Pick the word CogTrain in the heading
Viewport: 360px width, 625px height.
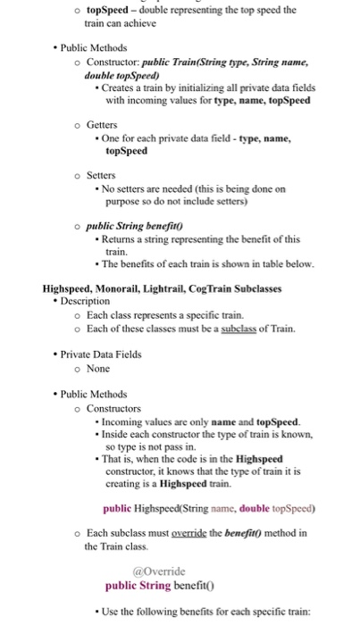242,288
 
